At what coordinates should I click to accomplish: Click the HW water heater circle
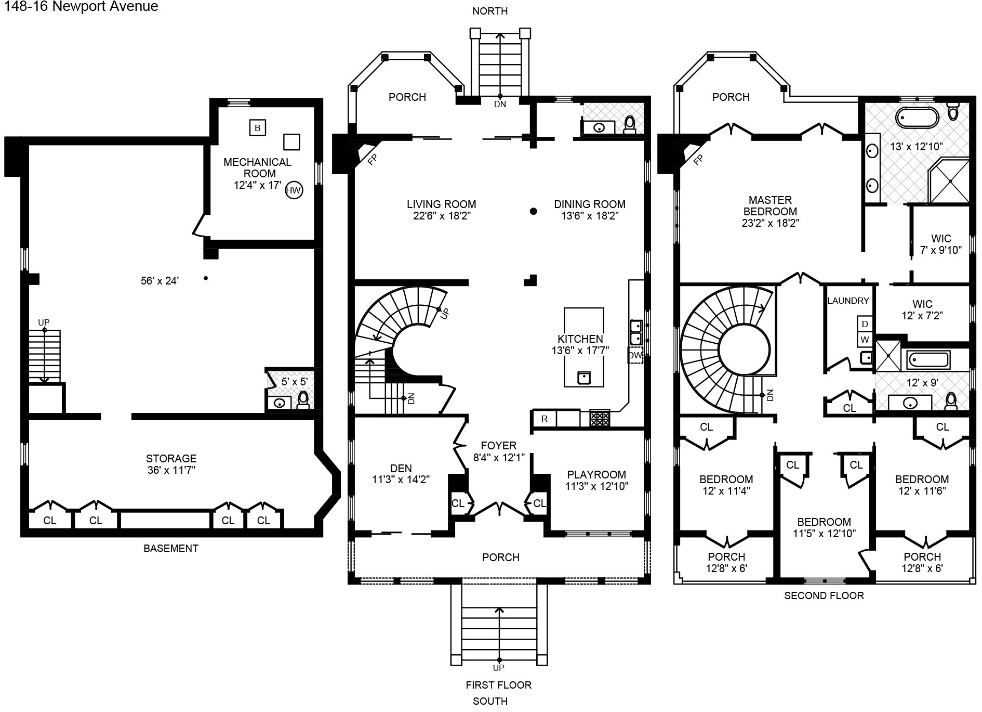(294, 190)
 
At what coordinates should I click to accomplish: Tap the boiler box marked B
(258, 127)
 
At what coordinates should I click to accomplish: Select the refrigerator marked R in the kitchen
(544, 419)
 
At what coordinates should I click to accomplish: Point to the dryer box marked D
(865, 324)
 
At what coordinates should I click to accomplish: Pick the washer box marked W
(865, 340)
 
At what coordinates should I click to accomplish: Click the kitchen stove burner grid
(600, 419)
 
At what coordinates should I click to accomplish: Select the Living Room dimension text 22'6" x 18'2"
(442, 216)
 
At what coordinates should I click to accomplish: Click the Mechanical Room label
(258, 167)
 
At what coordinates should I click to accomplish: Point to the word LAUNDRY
(848, 301)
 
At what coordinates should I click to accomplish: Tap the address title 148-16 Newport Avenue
(81, 7)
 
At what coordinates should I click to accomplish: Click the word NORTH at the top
(490, 11)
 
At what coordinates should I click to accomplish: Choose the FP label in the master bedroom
(698, 159)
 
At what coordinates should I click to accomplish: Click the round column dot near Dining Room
(533, 211)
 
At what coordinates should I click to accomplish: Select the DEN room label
(401, 468)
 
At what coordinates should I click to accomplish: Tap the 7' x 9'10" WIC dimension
(941, 250)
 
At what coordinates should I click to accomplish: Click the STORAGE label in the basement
(171, 458)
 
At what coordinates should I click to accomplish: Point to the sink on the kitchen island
(584, 377)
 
